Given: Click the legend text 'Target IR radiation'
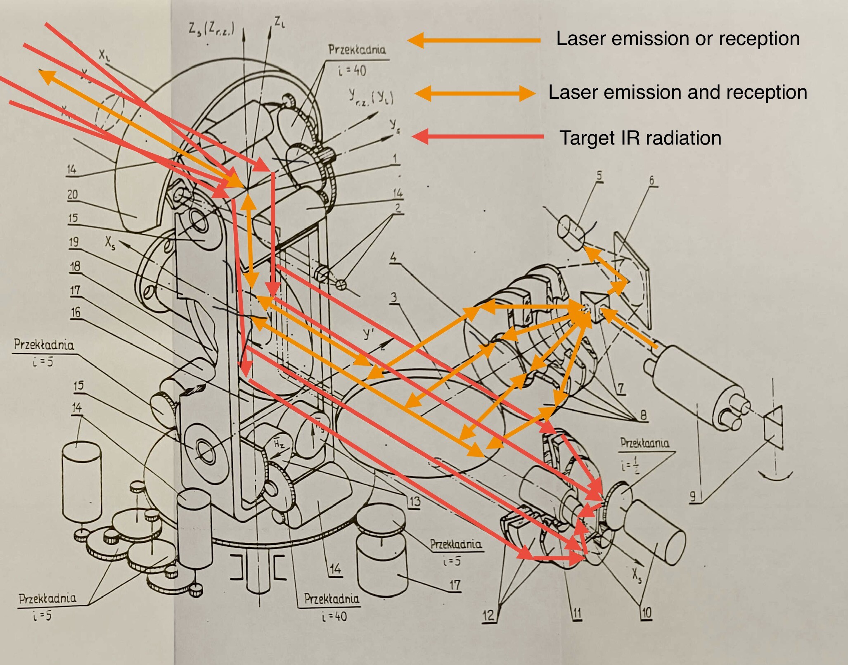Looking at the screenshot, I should (x=640, y=138).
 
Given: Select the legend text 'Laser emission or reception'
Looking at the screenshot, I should (x=678, y=39).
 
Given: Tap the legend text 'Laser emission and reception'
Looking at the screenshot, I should (x=677, y=92).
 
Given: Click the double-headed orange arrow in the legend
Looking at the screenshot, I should (x=475, y=93).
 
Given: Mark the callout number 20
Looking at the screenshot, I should (x=73, y=194).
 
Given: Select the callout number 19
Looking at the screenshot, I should (x=74, y=242).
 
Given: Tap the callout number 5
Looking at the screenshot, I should (x=599, y=176).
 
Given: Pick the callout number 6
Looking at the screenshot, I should (x=652, y=180).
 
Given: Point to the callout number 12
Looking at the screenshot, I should (x=488, y=615).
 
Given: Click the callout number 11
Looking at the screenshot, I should (x=577, y=613).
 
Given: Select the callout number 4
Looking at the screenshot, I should (x=393, y=257).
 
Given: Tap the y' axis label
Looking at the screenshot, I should (x=368, y=334).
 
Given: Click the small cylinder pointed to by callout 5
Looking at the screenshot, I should (x=571, y=233).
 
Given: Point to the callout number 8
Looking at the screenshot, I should (x=643, y=415).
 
